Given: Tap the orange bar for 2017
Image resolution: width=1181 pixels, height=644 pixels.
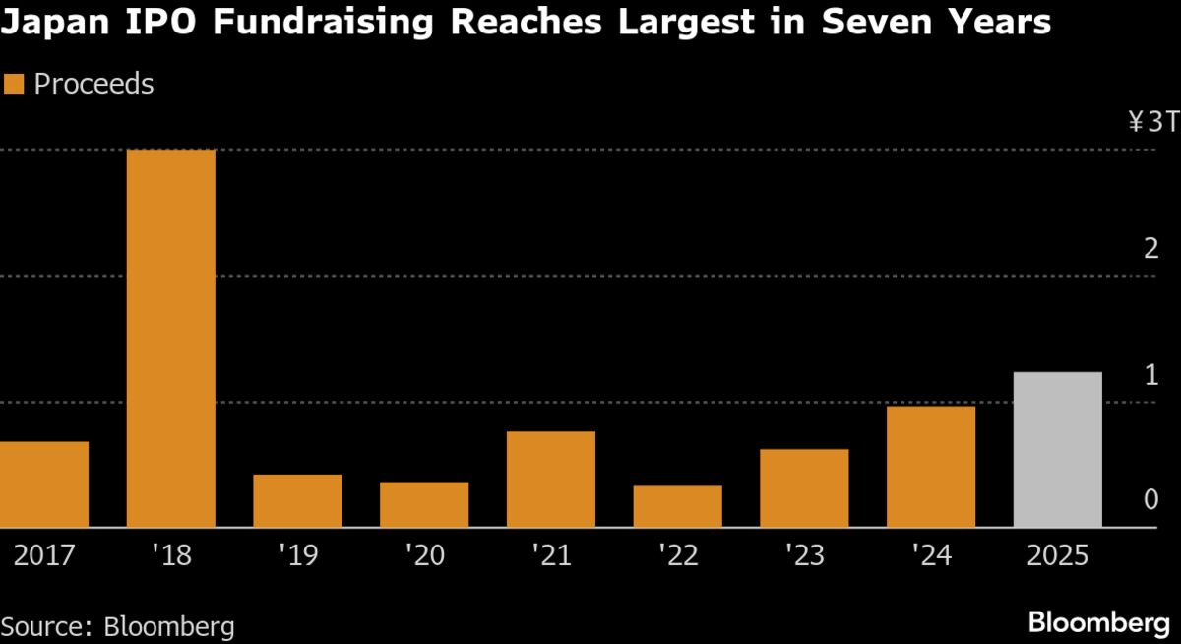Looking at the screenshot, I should point(44,483).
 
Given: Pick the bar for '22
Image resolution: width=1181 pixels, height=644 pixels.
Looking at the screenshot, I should point(677,506).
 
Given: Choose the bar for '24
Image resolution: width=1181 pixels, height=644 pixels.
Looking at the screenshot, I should point(930,466).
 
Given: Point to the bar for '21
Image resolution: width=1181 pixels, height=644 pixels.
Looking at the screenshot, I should point(550,479).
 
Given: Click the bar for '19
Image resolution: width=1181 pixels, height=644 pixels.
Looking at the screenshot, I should point(297,500).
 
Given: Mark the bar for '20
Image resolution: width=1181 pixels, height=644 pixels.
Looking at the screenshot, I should point(424,504).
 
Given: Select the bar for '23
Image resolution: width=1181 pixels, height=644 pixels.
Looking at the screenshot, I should point(804,487).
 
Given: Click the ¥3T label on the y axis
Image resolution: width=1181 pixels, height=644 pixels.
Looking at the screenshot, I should point(1151,123).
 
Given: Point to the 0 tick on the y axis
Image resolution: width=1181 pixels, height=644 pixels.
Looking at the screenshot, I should point(1150,500).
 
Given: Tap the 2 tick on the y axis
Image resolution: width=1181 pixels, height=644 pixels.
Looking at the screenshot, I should point(1150,249).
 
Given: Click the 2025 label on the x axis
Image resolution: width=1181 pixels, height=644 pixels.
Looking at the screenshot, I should point(1057,556).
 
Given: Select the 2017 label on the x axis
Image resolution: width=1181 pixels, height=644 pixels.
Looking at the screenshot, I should point(44,556).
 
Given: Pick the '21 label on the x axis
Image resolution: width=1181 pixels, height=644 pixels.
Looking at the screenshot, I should point(550,556).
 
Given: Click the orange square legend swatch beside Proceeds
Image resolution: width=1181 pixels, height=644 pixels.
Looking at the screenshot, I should point(14,85).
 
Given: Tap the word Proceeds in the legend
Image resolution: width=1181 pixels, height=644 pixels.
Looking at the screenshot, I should point(93,85).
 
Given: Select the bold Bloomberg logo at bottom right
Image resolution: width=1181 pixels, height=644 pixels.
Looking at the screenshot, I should point(1098,622).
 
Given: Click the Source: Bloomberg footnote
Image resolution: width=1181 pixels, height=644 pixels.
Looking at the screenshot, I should point(118,626).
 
